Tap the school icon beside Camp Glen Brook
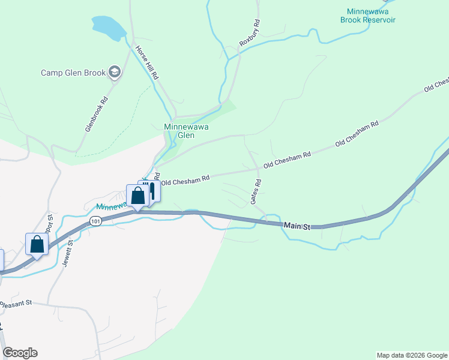pyautogui.click(x=115, y=73)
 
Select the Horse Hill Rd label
pyautogui.click(x=146, y=64)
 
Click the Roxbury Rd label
pyautogui.click(x=250, y=34)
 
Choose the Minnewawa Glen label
pyautogui.click(x=187, y=131)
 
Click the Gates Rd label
pyautogui.click(x=256, y=191)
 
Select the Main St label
pyautogui.click(x=297, y=227)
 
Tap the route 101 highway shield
pyautogui.click(x=95, y=221)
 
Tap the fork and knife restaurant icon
pyautogui.click(x=151, y=190)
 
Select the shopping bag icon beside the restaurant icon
pyautogui.click(x=137, y=196)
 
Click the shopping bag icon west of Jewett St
pyautogui.click(x=37, y=244)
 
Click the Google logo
pyautogui.click(x=20, y=353)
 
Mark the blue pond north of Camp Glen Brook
pyautogui.click(x=109, y=26)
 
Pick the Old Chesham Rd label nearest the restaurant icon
pyautogui.click(x=185, y=179)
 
